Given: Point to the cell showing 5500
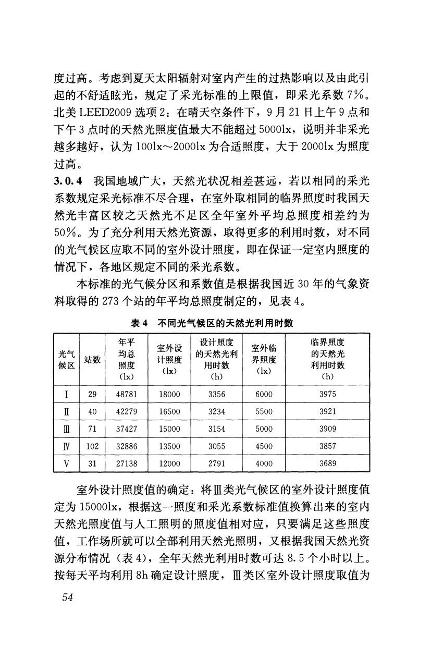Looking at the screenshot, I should point(264,411).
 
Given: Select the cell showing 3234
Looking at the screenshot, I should point(216,411).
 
